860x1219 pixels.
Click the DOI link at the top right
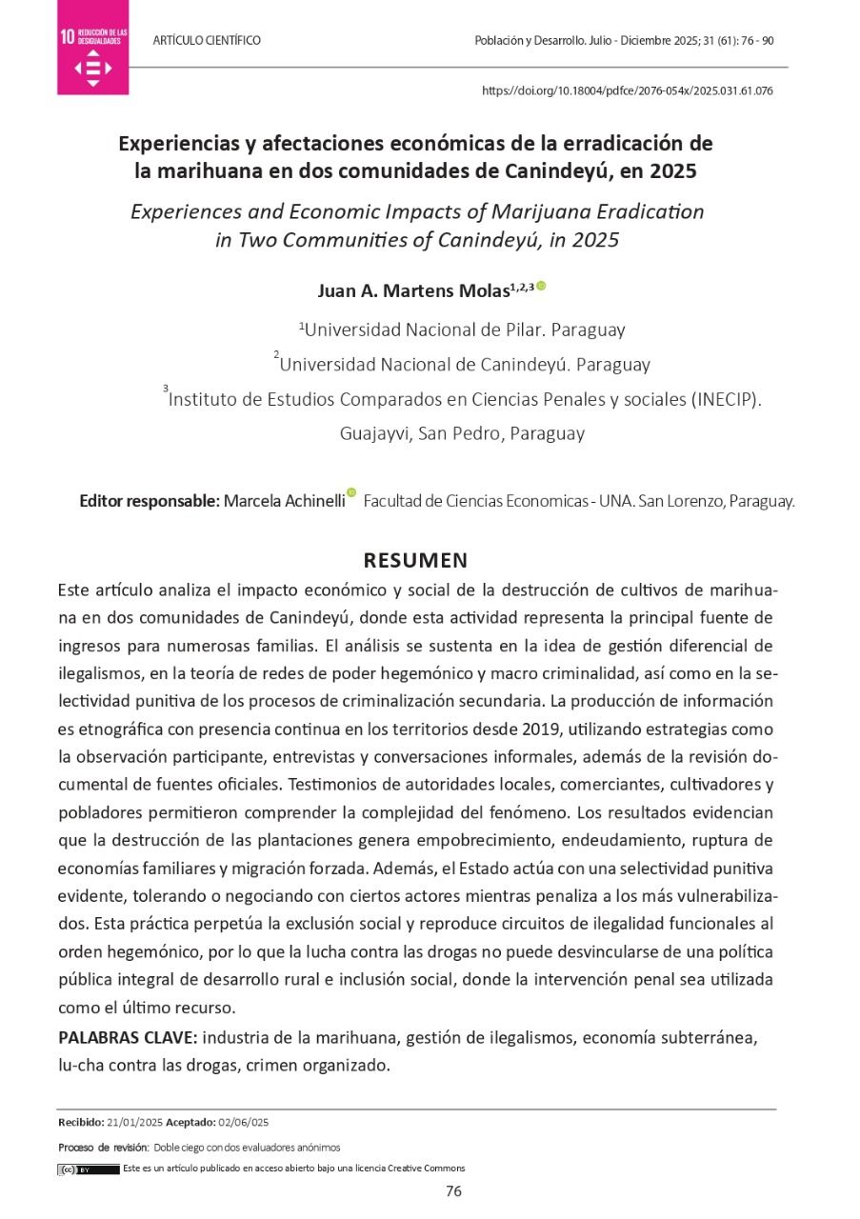click(x=628, y=91)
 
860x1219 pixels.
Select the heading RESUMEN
click(x=415, y=560)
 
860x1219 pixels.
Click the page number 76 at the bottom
click(x=454, y=1191)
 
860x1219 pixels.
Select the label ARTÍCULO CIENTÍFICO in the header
click(x=207, y=41)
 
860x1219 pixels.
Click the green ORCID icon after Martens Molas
click(x=541, y=286)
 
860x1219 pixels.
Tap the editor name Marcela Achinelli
click(x=284, y=501)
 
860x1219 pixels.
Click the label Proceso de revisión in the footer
click(x=103, y=1148)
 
